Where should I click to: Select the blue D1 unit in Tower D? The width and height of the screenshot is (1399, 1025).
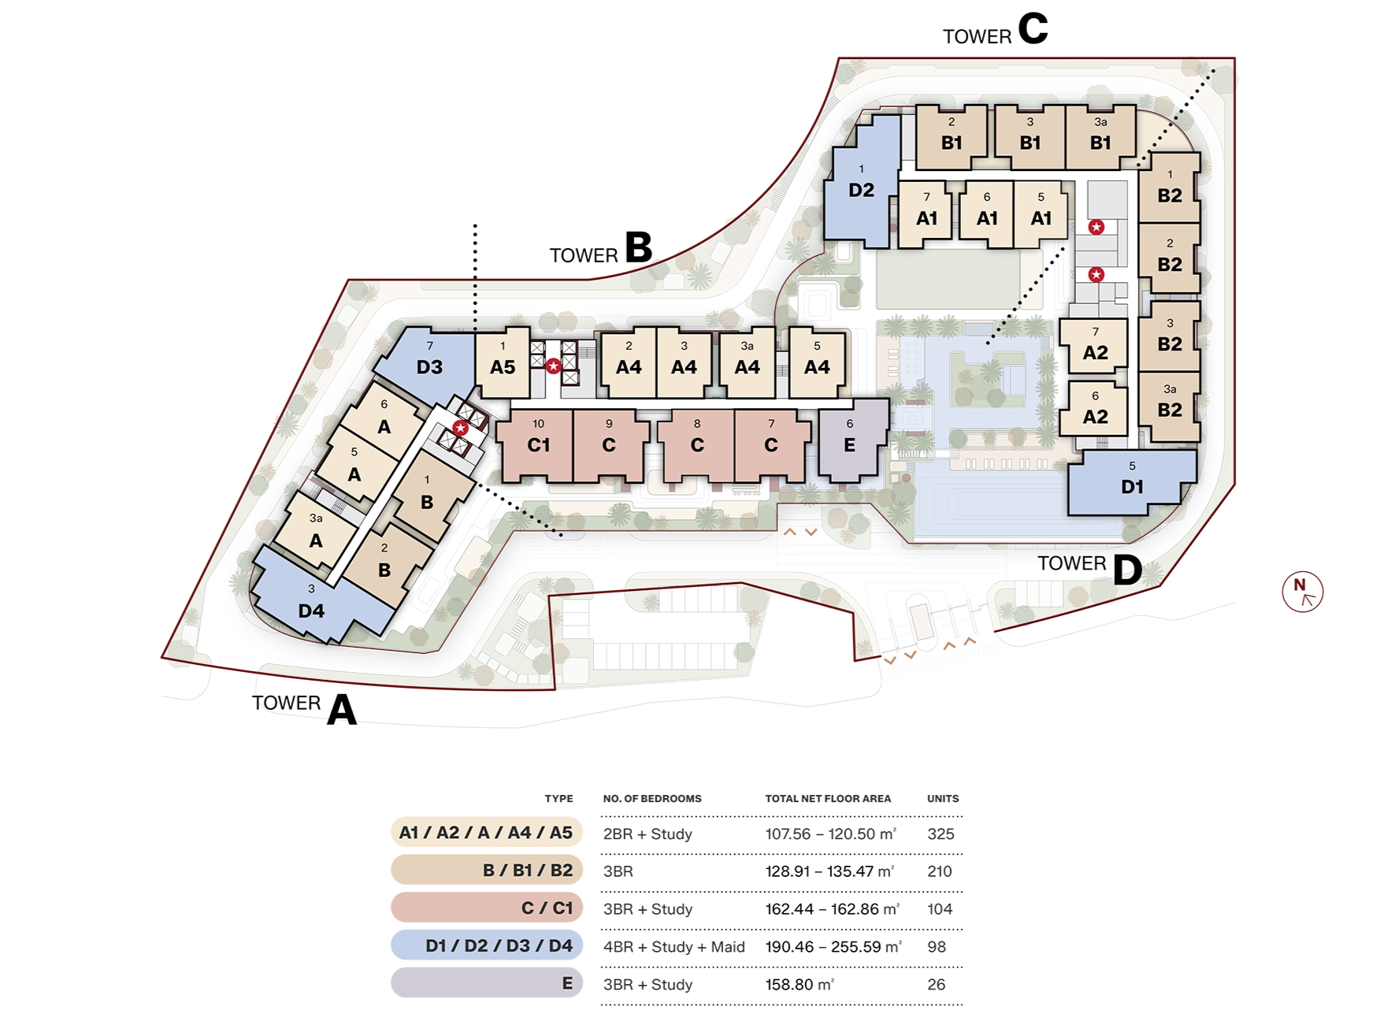coord(1131,482)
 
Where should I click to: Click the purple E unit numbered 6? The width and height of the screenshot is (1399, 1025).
coord(852,439)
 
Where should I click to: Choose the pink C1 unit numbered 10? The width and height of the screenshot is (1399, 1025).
coord(536,445)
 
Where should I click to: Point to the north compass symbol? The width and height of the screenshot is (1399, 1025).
coord(1302,592)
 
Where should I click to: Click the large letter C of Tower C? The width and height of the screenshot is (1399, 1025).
coord(1033,28)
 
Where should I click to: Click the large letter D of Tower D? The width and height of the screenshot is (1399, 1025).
coord(1127,570)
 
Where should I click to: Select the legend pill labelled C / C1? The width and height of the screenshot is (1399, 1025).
coord(487,908)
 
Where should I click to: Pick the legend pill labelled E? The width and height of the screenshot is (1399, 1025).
coord(487,983)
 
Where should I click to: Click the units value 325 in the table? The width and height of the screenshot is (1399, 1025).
coord(941,834)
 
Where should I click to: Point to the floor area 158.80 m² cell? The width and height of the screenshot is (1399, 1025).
coord(800,984)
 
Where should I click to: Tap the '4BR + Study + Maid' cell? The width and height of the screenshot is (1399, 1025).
coord(674,946)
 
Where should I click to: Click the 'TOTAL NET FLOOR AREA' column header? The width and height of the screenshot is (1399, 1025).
coord(828,798)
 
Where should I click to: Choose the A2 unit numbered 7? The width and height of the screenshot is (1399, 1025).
coord(1094,346)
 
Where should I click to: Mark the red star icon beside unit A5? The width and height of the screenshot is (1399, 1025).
coord(554,366)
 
